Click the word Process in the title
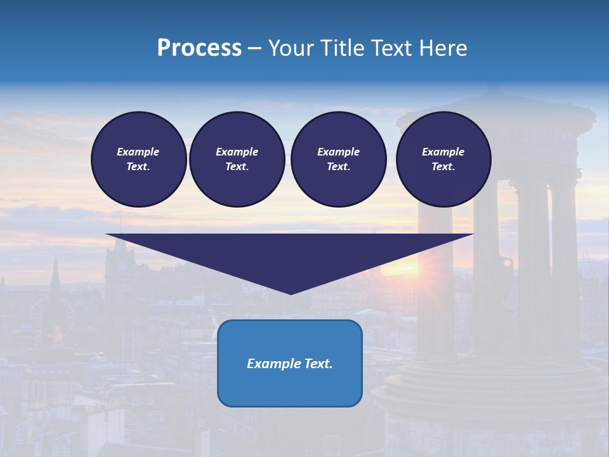[x=199, y=48]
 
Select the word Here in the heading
[x=443, y=48]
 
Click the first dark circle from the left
[x=138, y=159]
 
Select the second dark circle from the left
[x=237, y=159]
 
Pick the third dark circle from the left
[x=338, y=159]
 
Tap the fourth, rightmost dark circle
[x=443, y=159]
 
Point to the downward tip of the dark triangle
[x=291, y=293]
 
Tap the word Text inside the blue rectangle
[x=317, y=364]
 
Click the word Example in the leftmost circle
[x=138, y=152]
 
